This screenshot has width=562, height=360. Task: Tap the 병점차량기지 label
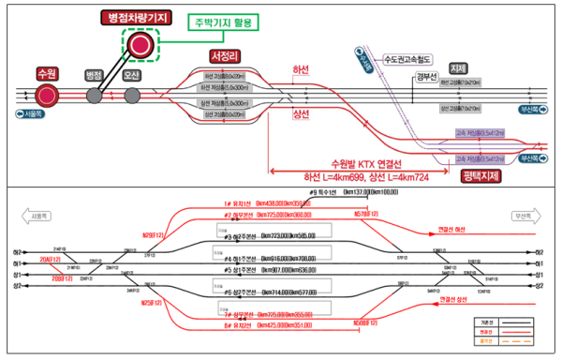pos(142,18)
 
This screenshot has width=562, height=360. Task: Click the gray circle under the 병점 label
pos(95,95)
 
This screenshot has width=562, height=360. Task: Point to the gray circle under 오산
pos(132,95)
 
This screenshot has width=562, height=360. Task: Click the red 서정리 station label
pos(228,56)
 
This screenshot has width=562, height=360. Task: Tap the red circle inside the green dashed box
pos(141,45)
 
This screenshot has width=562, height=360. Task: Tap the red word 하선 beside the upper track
pos(301,70)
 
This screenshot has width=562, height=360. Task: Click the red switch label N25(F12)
pos(152,303)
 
